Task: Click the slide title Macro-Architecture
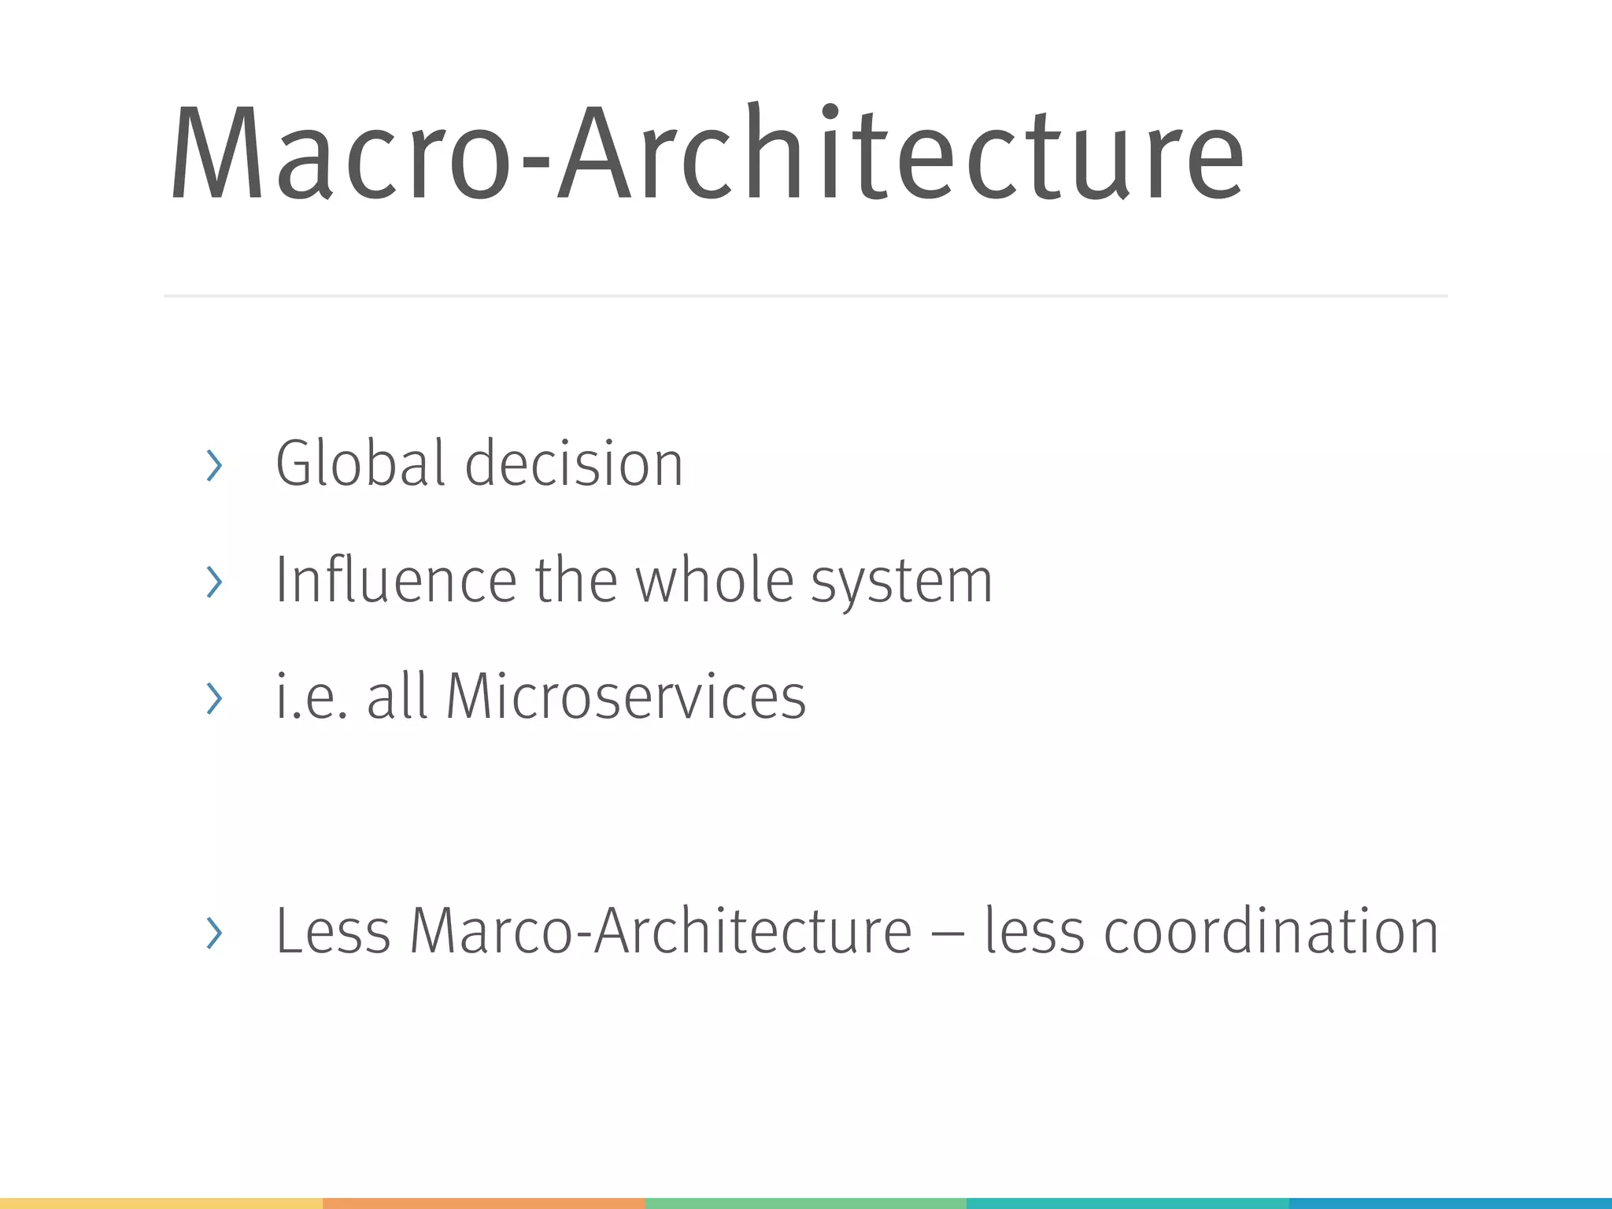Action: tap(706, 154)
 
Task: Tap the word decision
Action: tap(574, 464)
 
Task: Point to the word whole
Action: tap(714, 580)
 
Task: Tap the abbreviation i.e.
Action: tap(310, 697)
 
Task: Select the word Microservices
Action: tap(626, 697)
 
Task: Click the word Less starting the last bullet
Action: tap(333, 932)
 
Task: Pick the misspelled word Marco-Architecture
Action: tap(660, 932)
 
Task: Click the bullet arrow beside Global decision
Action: tap(213, 465)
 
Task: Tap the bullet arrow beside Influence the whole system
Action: tap(213, 582)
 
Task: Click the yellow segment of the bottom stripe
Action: tap(161, 1203)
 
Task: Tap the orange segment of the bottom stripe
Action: tap(483, 1203)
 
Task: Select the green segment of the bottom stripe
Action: tap(805, 1203)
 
